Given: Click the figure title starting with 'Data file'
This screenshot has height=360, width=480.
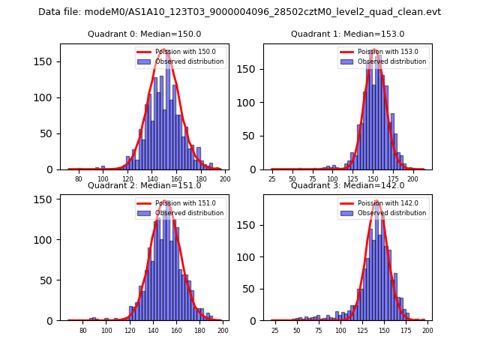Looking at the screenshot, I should (239, 12).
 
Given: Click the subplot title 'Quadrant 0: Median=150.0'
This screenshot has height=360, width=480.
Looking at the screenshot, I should (145, 34).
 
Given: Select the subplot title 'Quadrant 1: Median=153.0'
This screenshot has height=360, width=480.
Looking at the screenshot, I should (347, 34).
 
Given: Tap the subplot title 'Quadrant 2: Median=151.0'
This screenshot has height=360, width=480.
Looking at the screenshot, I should (145, 185).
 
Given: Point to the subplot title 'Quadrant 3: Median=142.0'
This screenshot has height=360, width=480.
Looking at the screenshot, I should (347, 185).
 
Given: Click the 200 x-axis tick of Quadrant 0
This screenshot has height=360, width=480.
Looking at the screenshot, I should (224, 180).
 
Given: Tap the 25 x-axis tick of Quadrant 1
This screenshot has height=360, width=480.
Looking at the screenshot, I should (272, 180).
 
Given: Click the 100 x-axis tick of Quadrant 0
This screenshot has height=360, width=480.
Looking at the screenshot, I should (103, 180).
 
